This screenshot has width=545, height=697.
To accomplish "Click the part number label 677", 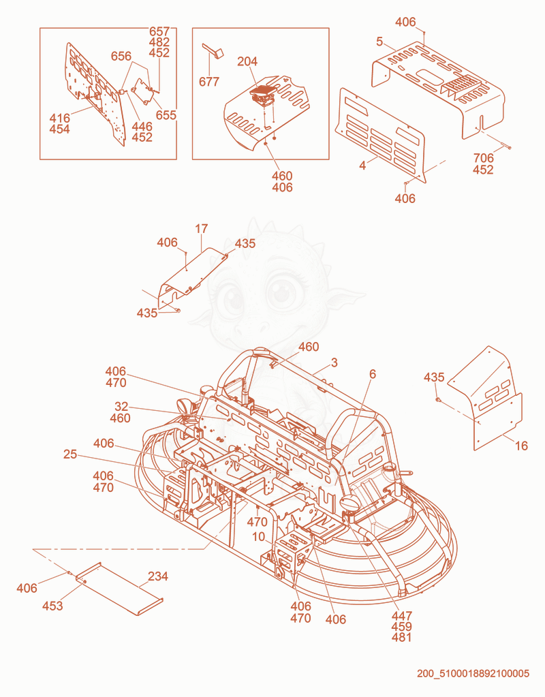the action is pyautogui.click(x=209, y=82).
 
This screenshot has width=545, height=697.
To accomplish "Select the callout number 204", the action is pyautogui.click(x=247, y=61).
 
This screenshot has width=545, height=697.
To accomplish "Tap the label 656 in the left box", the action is pyautogui.click(x=121, y=56).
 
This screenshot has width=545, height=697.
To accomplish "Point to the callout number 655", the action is pyautogui.click(x=166, y=115).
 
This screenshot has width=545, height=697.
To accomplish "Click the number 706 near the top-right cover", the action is pyautogui.click(x=484, y=158).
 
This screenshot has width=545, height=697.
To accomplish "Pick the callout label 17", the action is pyautogui.click(x=202, y=229).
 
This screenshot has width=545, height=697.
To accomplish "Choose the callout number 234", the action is pyautogui.click(x=158, y=576).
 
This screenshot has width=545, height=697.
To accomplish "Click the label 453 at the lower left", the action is pyautogui.click(x=52, y=606).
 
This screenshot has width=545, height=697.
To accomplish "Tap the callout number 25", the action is pyautogui.click(x=70, y=454).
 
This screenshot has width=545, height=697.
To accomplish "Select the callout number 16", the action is pyautogui.click(x=521, y=446).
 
